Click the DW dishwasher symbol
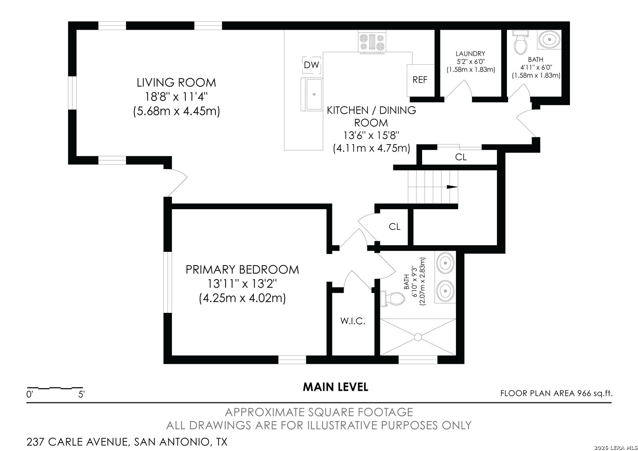pos(311,65)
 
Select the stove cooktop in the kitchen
pos(372,43)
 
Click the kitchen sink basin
pos(314,94)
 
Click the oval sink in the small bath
pos(549,40)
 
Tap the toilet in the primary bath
pos(392,299)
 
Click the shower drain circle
pos(418,337)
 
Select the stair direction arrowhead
pos(452,187)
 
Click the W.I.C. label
pos(352,321)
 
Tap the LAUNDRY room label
pos(470,53)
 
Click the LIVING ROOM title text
pos(176,83)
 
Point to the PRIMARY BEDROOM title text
pos(242,269)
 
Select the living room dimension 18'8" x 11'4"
pos(176,97)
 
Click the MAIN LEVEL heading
pos(335,387)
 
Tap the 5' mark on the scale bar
pos(81,395)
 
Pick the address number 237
pos(35,442)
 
